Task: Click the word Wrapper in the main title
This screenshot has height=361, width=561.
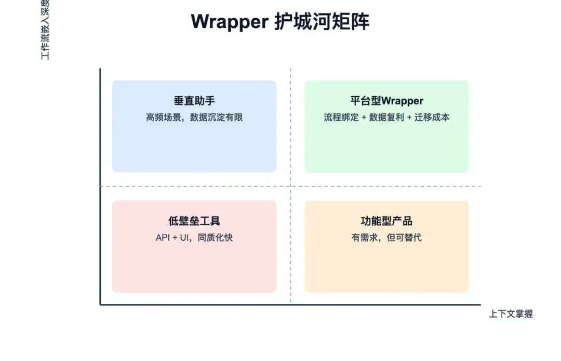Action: [228, 22]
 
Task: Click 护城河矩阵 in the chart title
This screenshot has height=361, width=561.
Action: [321, 22]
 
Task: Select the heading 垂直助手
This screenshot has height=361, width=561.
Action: [194, 101]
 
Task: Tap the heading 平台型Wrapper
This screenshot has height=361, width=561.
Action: [386, 101]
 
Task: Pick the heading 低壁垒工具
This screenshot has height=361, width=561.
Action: [194, 221]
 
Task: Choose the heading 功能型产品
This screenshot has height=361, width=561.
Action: [386, 221]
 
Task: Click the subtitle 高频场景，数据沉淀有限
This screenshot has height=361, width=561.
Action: [194, 118]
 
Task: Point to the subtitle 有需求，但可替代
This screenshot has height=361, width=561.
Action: [386, 238]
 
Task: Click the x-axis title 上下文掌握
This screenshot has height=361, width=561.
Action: [511, 314]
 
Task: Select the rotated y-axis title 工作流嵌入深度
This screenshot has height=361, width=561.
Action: [45, 30]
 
